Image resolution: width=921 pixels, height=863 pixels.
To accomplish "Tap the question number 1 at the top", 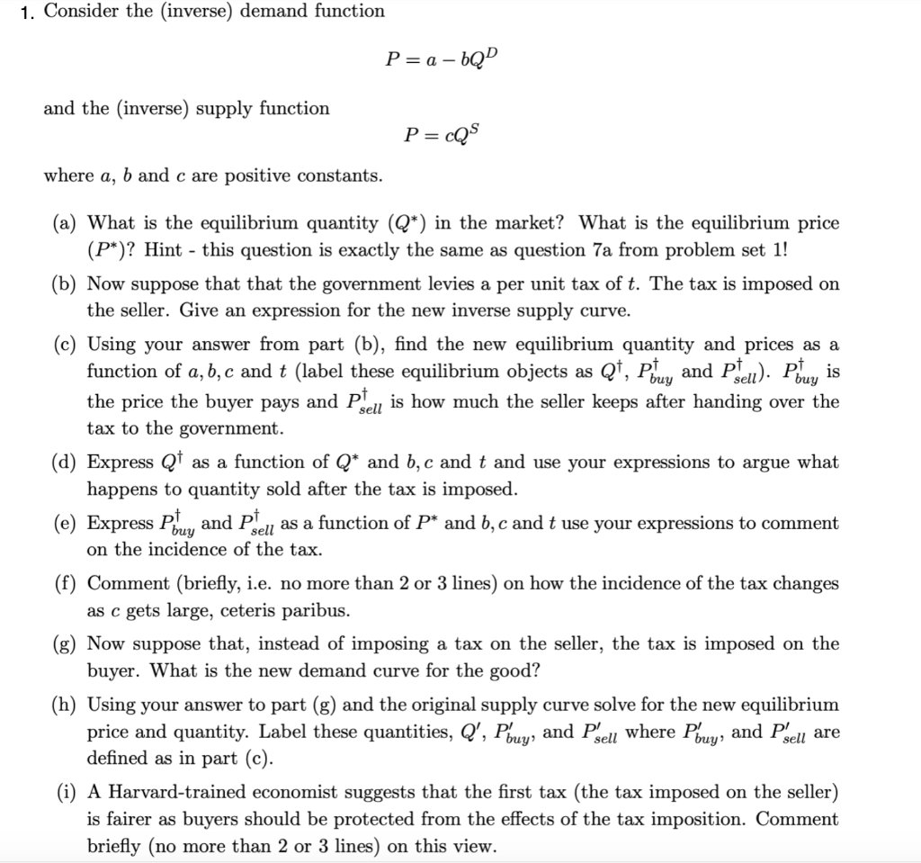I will click(x=27, y=13).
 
